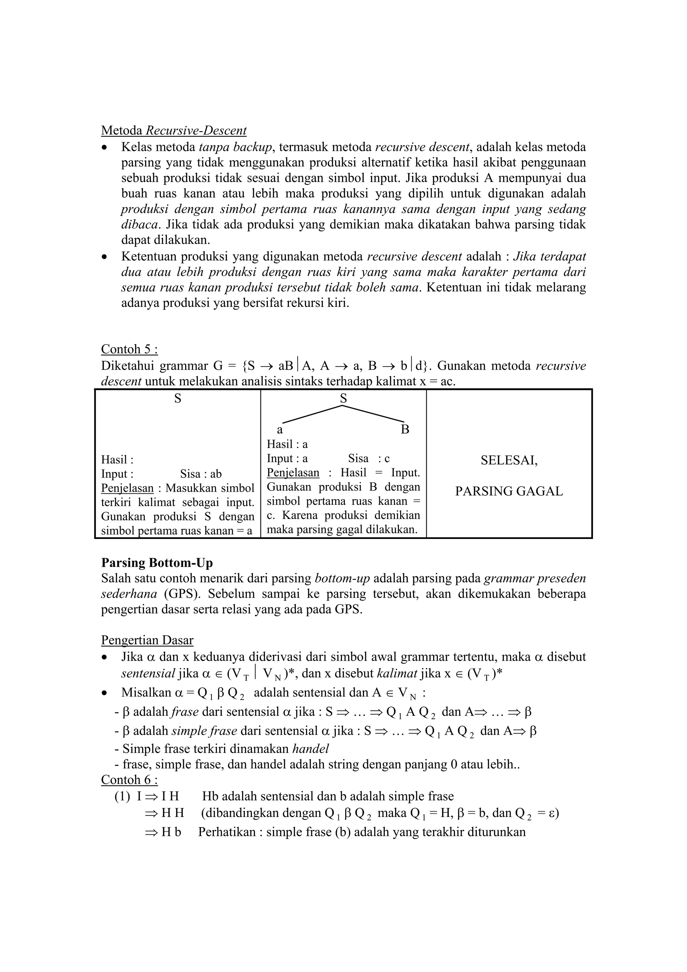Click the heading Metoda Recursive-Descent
[x=173, y=130]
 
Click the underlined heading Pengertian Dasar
[x=147, y=640]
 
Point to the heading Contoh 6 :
[x=129, y=779]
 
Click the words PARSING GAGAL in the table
[x=509, y=491]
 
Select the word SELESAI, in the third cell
[x=509, y=460]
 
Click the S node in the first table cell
[x=178, y=398]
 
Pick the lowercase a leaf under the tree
[x=280, y=430]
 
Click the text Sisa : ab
[x=201, y=474]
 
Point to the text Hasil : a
[x=287, y=444]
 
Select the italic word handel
[x=311, y=749]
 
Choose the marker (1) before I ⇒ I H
[x=122, y=796]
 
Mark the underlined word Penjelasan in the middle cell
[x=293, y=473]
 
